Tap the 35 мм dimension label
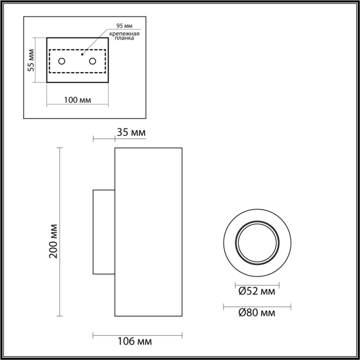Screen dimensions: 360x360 [x=132, y=133]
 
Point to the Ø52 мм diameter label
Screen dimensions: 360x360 [x=257, y=292]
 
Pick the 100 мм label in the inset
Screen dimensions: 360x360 [x=78, y=99]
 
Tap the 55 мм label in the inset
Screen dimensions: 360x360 [x=31, y=60]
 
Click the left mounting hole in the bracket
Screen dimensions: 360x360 [x=62, y=62]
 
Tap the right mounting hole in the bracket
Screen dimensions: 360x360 [x=93, y=62]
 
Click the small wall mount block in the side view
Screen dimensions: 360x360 [x=103, y=232]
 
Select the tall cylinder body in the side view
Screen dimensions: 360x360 [x=148, y=232]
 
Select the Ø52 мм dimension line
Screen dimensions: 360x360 [x=257, y=284]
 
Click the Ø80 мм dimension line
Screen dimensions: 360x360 [x=257, y=307]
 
